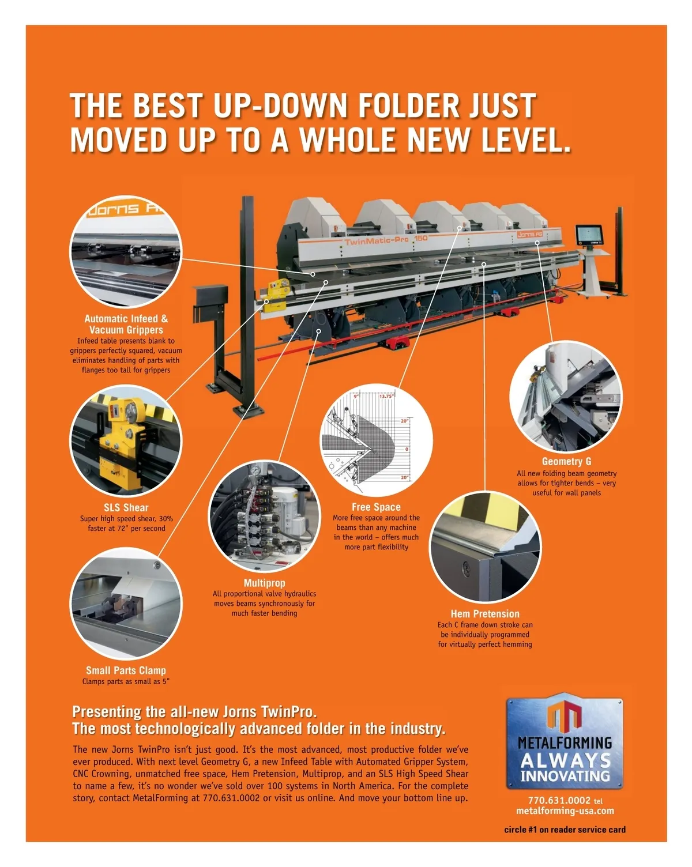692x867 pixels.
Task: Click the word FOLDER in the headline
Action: [408, 105]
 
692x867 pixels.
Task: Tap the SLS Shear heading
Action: [126, 508]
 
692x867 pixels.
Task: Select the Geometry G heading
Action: [566, 462]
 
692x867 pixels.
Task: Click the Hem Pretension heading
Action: [485, 614]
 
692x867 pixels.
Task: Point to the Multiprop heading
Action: [264, 583]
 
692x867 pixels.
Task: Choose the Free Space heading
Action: [376, 507]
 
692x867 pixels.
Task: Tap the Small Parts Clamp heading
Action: [126, 670]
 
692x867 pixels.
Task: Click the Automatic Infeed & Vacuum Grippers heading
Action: [126, 325]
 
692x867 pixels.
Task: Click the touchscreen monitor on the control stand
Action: [589, 235]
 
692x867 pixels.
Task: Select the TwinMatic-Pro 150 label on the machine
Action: [386, 240]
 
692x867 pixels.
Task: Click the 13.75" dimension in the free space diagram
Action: [386, 397]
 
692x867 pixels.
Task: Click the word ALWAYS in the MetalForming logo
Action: [565, 760]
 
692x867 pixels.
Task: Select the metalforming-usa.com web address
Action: [565, 811]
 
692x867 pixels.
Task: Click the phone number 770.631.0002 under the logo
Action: [559, 801]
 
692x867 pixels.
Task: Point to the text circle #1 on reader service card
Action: [565, 830]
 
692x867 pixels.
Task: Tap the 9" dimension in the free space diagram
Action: [356, 397]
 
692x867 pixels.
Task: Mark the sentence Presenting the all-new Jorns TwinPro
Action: [194, 711]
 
